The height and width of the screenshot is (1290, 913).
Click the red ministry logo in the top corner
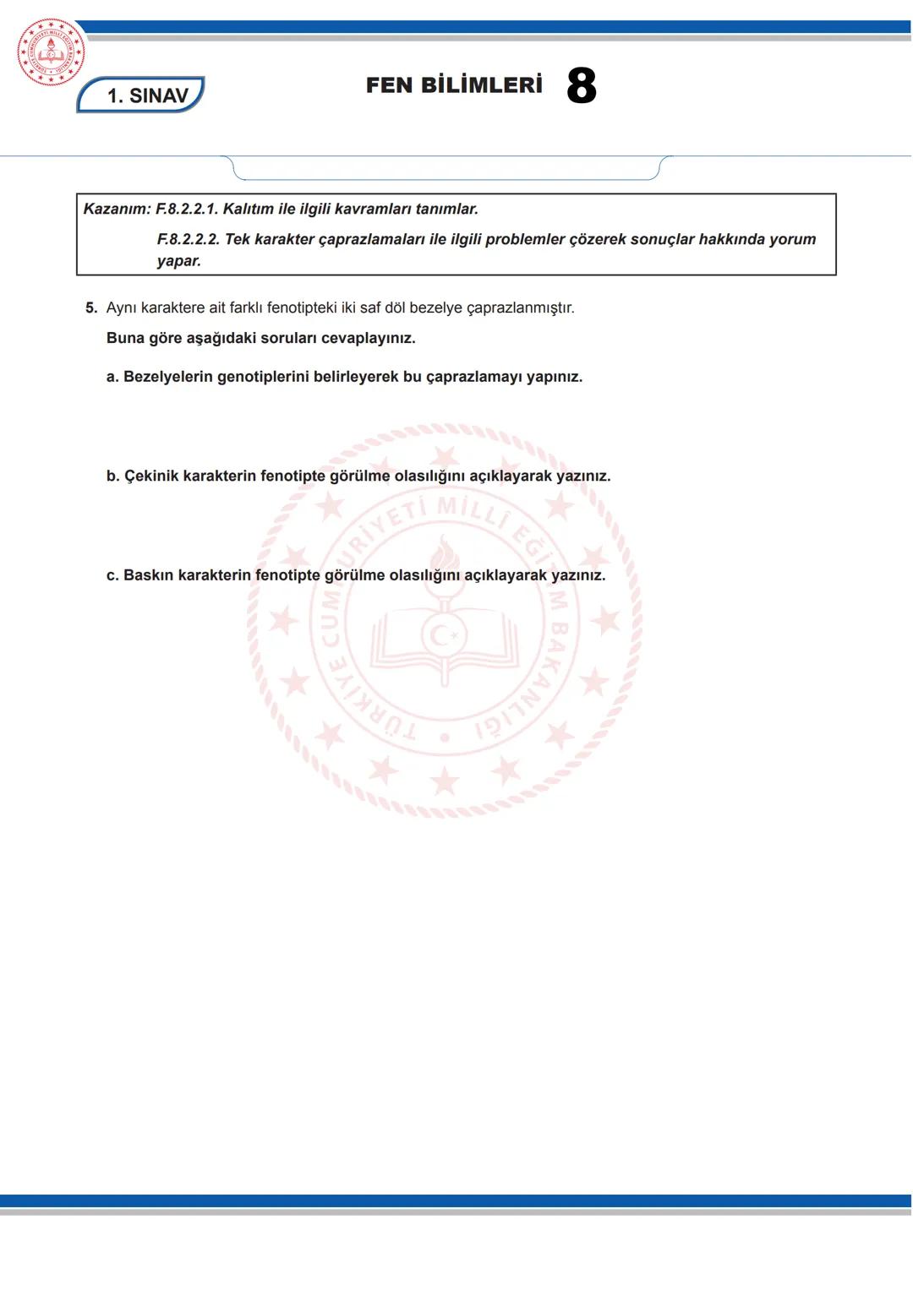(51, 52)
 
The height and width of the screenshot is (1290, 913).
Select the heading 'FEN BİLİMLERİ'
(454, 85)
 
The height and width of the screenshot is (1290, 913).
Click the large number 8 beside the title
(582, 86)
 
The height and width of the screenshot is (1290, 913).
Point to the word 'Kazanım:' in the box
(117, 209)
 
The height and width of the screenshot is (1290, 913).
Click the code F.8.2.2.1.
(187, 209)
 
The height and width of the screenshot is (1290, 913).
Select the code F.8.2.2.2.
(189, 239)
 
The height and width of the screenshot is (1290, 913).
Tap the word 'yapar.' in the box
(179, 261)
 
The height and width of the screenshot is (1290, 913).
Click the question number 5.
(90, 308)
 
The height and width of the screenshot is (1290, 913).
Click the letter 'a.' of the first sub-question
(112, 377)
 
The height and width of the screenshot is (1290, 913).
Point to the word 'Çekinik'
(151, 476)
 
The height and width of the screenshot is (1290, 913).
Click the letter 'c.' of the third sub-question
(112, 575)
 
